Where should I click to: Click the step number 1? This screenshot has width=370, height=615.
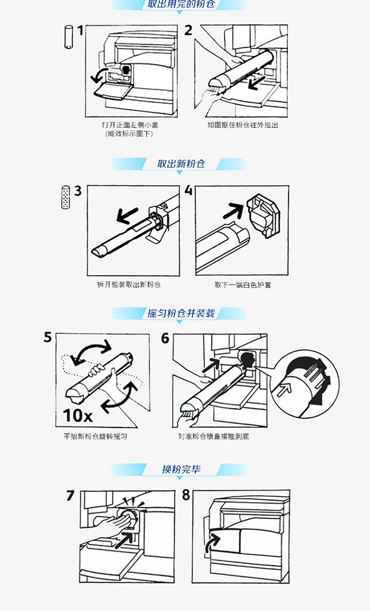coord(80,31)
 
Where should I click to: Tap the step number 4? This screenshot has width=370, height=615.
coord(188,190)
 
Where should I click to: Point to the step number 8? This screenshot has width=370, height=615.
coord(186,495)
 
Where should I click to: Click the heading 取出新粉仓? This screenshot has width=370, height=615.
coord(181,164)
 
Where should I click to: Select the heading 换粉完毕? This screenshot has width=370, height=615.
coord(181,469)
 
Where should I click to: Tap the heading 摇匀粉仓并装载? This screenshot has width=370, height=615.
coord(181,313)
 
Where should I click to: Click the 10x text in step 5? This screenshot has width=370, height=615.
coord(77,415)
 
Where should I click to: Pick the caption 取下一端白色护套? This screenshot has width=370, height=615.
coord(243,285)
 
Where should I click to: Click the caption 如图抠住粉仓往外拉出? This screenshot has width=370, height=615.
coord(243,125)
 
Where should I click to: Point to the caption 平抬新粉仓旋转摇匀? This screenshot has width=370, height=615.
coord(95,436)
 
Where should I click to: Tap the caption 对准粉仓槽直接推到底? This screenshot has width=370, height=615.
coord(214,436)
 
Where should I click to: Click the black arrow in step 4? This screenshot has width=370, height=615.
coord(233,211)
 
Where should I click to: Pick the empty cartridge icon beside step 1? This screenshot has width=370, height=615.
coord(69,37)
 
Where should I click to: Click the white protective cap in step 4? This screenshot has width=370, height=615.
coord(263,216)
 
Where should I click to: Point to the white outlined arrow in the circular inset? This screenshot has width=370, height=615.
coord(283,389)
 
